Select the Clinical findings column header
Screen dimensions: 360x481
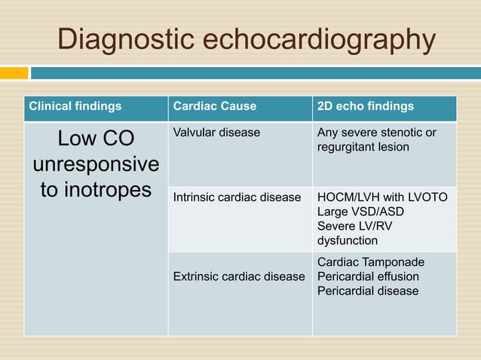pos(75,106)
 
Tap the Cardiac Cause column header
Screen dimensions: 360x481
pos(215,106)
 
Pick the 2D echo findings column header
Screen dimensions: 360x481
pos(366,106)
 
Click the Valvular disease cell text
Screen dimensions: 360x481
pos(216,133)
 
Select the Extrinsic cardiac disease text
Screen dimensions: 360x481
pos(239,276)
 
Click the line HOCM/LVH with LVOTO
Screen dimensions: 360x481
pos(382,197)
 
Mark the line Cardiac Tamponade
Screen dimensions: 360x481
pos(370,262)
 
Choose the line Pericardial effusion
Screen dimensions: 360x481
pos(368,276)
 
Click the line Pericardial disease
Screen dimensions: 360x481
pos(368,291)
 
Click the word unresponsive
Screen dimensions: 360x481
pos(96,164)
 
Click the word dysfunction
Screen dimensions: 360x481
pos(348,241)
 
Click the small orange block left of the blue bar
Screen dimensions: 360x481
pos(14,73)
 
